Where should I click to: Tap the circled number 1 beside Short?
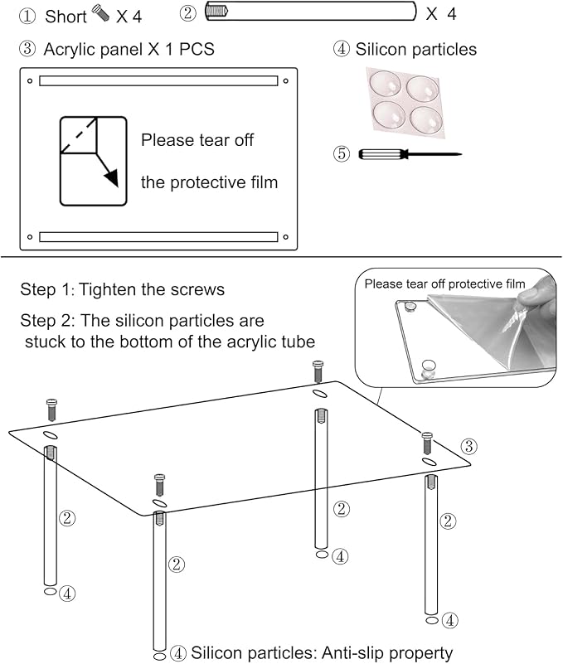(x=28, y=17)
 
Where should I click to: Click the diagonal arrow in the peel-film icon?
(x=107, y=166)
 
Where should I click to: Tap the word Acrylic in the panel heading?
(x=71, y=49)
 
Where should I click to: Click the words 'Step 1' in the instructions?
(x=46, y=290)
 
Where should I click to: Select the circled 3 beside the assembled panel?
(x=468, y=447)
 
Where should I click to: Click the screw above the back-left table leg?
(x=50, y=410)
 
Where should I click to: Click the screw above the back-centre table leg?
(x=318, y=370)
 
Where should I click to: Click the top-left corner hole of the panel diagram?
(x=30, y=81)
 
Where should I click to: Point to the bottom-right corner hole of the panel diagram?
(x=285, y=236)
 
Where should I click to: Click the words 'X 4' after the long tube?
(x=440, y=14)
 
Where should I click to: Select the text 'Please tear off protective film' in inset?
(x=444, y=284)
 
